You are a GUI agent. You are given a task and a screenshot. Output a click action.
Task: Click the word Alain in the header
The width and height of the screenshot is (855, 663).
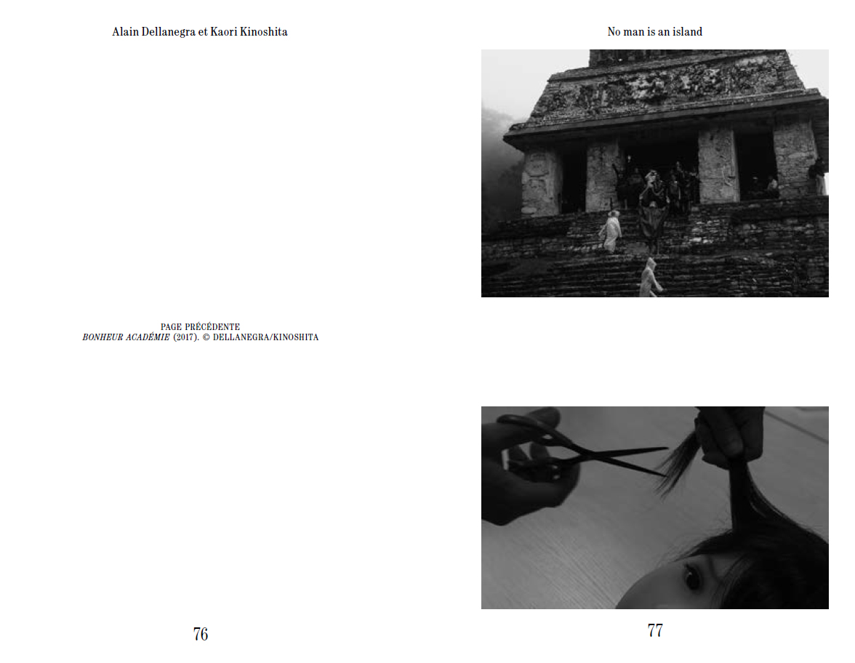[x=125, y=32]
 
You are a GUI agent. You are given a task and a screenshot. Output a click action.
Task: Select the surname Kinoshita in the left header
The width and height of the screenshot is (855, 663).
[x=263, y=32]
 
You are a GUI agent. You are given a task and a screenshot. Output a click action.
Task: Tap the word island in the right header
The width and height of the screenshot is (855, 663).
[x=687, y=32]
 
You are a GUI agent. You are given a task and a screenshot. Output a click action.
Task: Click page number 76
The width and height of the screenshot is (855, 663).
[x=201, y=634]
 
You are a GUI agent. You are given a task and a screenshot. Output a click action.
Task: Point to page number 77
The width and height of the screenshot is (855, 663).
[x=655, y=630]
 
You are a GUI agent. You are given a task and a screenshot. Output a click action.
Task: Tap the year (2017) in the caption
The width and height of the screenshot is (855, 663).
[x=186, y=337]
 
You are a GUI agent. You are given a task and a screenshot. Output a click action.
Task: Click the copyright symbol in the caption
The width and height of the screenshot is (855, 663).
[x=206, y=337]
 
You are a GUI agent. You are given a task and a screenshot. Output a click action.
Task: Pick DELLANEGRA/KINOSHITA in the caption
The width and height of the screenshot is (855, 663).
[x=265, y=337]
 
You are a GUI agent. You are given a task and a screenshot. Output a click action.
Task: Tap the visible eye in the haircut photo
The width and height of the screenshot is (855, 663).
[x=691, y=577]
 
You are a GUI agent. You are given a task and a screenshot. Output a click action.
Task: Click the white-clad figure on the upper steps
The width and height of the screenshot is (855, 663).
[x=611, y=231]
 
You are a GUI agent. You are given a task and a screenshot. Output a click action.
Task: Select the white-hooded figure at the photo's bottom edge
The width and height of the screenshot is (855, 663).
[x=650, y=278]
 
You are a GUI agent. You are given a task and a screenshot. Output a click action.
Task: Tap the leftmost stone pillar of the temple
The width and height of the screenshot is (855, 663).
[x=539, y=182]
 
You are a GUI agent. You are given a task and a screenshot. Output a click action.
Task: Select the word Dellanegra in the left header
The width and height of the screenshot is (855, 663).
[x=169, y=32]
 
